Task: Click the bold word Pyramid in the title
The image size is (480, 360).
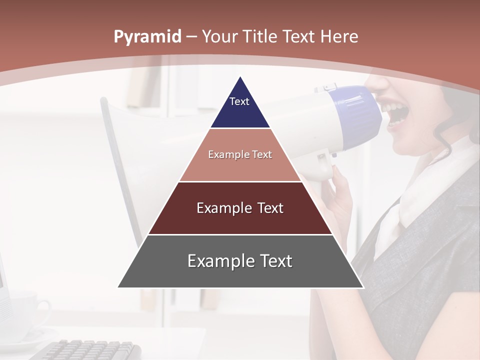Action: click(147, 37)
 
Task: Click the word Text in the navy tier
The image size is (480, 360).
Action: click(239, 101)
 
